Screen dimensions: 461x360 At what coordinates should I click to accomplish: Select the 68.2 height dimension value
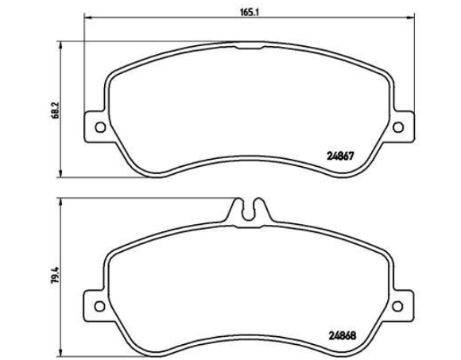(x=56, y=110)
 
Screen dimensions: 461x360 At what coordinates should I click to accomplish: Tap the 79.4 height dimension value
(x=56, y=275)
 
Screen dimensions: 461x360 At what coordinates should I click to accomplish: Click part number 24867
(x=340, y=156)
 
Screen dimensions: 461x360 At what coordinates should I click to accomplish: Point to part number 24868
(x=342, y=335)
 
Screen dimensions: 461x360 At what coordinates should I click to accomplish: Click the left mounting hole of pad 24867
(x=101, y=127)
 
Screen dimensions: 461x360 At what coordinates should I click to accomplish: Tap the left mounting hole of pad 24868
(x=100, y=306)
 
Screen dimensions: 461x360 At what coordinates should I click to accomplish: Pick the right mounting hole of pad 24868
(x=397, y=306)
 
